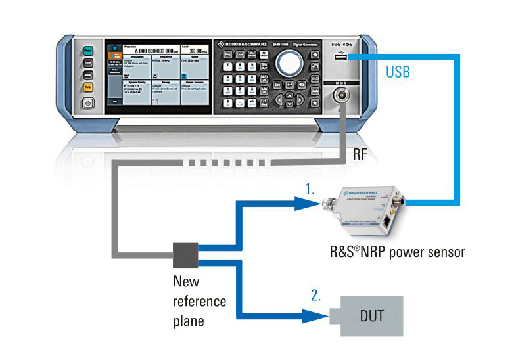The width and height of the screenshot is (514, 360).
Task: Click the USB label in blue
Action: [x=398, y=72]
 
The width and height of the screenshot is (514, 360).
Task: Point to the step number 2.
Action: [x=316, y=296]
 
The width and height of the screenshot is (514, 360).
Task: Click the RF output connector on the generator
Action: [x=342, y=96]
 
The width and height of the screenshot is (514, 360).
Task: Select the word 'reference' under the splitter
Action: [x=200, y=302]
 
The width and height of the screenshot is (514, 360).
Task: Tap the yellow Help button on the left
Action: [x=87, y=87]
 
